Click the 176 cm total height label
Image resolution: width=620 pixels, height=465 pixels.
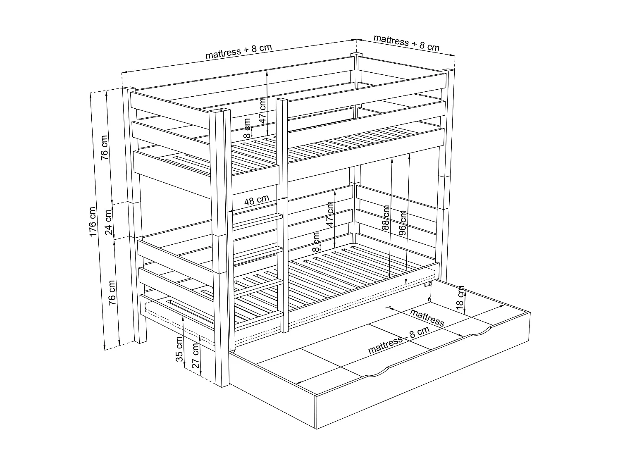[x=93, y=222]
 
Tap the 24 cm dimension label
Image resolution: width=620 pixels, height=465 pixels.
[x=108, y=222]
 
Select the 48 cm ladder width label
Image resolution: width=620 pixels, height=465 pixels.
[x=257, y=200]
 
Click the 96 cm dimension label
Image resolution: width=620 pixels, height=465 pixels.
[x=403, y=223]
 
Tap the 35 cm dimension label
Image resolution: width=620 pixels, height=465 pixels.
[x=179, y=350]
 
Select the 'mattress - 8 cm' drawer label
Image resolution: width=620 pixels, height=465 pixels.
[x=398, y=340]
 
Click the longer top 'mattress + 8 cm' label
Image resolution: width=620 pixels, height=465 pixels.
[x=238, y=50]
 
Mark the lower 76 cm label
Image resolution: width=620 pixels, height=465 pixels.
[x=112, y=293]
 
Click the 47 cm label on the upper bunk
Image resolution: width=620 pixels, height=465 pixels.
[x=262, y=111]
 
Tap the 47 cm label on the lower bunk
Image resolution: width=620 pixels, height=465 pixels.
[x=330, y=214]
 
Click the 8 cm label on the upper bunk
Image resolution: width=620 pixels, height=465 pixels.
[x=247, y=128]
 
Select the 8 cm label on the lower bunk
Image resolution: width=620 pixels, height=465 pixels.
[x=316, y=242]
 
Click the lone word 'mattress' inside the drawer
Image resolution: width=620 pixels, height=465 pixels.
[x=427, y=317]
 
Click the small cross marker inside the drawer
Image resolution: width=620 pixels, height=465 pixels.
[x=387, y=307]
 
